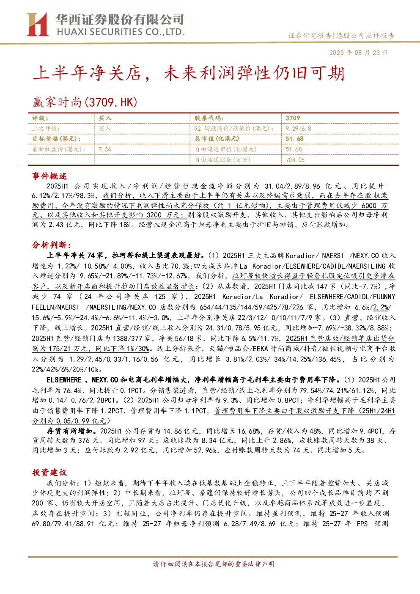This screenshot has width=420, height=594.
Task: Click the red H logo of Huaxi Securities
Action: pos(37,24)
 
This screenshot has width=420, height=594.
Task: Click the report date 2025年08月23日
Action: pos(358,52)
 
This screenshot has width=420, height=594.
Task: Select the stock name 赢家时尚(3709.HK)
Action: pos(85,102)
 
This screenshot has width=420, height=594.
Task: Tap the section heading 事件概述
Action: pos(49,176)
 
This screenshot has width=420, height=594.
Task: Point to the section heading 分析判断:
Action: pos(52,245)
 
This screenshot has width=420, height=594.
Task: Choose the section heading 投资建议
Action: pos(49,472)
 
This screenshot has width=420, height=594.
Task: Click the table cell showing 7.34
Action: pos(105,149)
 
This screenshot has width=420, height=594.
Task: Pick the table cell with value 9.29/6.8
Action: pos(298,129)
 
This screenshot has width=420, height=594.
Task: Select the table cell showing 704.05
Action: pos(295,160)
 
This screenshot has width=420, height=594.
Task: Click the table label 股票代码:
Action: pos(209,118)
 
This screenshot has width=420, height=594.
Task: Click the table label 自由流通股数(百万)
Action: pos(222,160)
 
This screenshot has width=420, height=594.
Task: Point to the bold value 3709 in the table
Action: pos(293,118)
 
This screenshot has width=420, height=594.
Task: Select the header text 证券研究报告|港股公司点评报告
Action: pos(341,36)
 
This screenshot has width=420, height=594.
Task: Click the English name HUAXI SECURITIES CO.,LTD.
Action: pos(121,32)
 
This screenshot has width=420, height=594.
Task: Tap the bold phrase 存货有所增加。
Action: pos(73,431)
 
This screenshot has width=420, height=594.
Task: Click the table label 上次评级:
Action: pos(46,129)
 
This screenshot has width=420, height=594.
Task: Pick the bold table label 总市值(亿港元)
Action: pos(217,139)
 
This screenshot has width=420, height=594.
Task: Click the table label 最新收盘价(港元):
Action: pos(59,149)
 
